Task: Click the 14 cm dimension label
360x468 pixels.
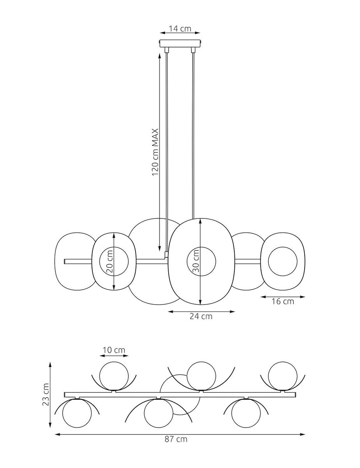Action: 180,28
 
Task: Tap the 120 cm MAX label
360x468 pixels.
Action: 155,152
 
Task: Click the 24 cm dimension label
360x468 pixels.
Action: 201,316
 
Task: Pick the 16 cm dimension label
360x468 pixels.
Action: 283,301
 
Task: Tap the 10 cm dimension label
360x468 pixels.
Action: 114,350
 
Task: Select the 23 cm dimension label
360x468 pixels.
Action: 46,394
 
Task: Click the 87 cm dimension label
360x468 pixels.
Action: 176,439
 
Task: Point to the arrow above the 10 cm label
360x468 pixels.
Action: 114,356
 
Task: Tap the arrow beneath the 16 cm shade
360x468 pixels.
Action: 283,296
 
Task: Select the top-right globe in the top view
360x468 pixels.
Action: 282,376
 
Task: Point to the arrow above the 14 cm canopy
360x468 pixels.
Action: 180,34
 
